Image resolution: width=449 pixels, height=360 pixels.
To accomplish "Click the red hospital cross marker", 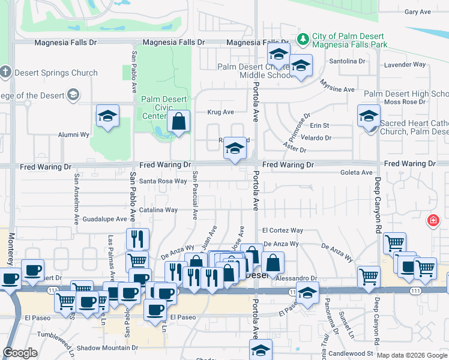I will [432, 221].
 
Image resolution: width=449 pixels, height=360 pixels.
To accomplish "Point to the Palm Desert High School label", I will [406, 94].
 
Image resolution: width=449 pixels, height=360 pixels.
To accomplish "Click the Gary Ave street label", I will [418, 12].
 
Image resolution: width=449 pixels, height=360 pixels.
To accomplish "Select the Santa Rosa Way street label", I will [163, 181].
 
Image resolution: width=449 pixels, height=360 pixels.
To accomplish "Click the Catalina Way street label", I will [158, 210].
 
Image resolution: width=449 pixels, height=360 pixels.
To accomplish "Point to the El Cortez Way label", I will [283, 230].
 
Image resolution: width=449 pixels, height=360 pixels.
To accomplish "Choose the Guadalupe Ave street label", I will [105, 220].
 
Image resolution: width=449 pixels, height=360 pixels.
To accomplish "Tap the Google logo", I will [20, 353].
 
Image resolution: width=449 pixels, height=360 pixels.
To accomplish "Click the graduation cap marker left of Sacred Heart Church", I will [369, 116].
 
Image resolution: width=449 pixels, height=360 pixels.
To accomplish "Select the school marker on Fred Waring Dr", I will [235, 149].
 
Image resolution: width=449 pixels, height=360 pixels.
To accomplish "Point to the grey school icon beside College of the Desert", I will [73, 94].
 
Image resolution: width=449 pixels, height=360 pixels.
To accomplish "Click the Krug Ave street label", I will [220, 112].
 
